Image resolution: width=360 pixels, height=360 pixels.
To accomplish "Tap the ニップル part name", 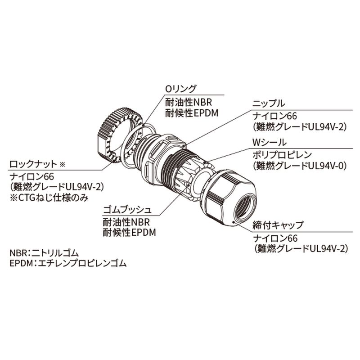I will [x=268, y=103].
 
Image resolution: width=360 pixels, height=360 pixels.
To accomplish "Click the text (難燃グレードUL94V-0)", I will [x=299, y=166].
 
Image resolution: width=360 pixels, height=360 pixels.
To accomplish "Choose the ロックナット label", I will [x=34, y=163].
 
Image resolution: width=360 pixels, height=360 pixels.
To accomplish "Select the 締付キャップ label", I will [x=278, y=225].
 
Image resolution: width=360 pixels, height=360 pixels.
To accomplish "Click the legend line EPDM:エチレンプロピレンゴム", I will [x=68, y=264].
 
